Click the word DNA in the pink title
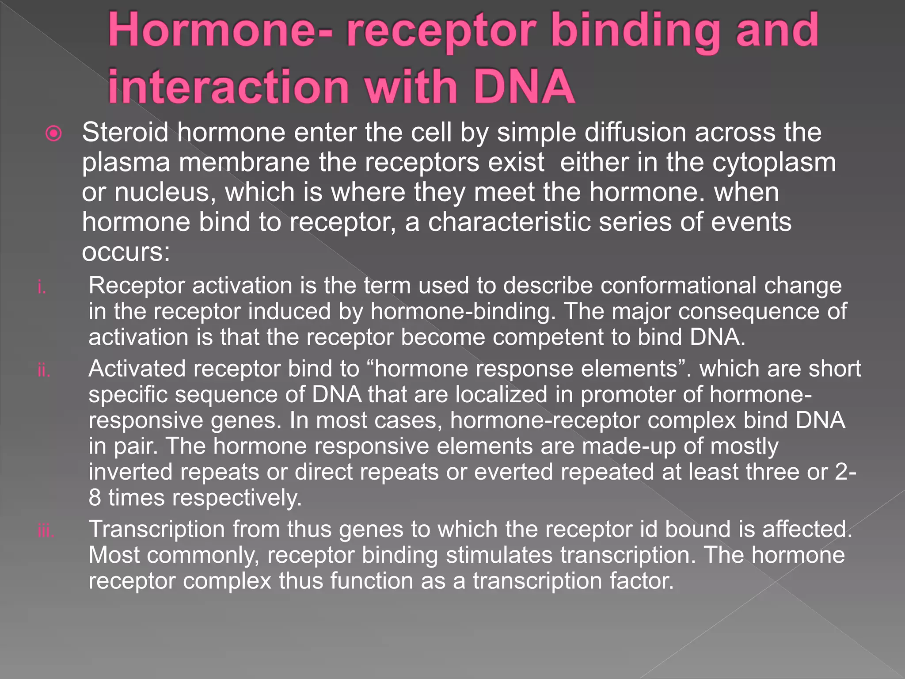coord(524,86)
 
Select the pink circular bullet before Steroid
coord(54,134)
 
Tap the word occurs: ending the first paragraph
coord(126,252)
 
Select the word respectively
coord(236,498)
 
